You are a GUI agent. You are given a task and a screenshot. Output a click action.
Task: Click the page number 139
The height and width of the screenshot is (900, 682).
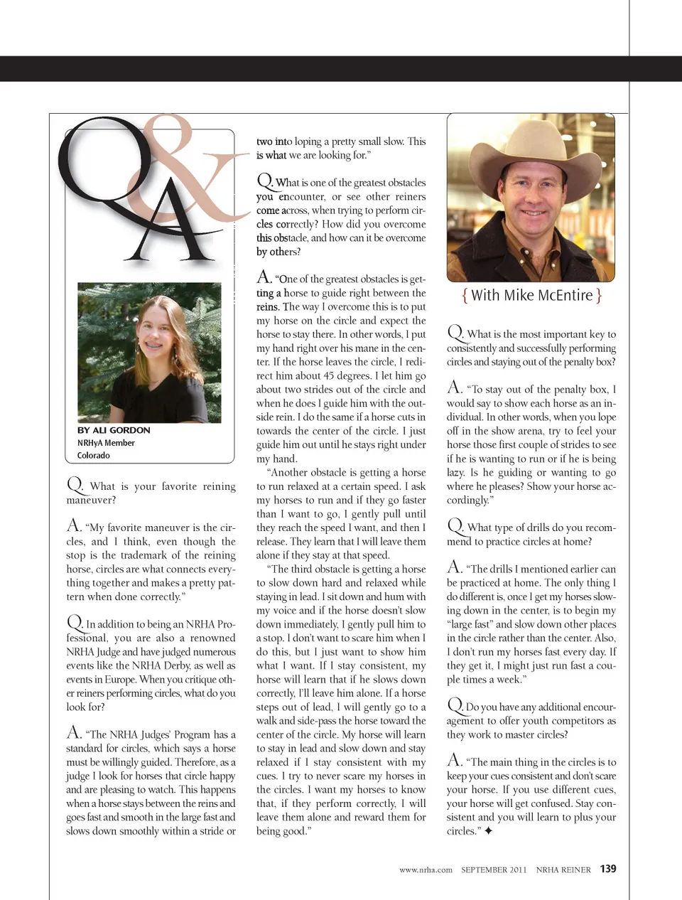click(608, 869)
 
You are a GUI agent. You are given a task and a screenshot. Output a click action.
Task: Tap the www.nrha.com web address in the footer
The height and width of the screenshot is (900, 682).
click(426, 869)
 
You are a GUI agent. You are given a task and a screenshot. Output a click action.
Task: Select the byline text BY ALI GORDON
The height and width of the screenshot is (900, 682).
click(114, 430)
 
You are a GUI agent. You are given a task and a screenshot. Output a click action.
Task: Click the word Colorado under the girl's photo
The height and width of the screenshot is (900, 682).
click(94, 456)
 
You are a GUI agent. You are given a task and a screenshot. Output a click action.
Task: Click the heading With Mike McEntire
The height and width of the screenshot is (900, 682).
click(531, 295)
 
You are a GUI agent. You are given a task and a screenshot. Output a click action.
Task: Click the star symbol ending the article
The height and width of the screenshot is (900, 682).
click(488, 830)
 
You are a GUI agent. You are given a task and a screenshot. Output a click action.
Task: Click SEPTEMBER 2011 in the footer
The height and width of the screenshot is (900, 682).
click(494, 869)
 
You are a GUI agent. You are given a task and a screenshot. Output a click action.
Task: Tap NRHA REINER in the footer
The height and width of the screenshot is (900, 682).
click(563, 869)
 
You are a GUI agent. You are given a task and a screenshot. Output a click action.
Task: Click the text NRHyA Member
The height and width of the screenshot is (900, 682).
click(106, 443)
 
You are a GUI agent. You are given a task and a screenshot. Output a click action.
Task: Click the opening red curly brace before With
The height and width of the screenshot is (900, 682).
click(465, 295)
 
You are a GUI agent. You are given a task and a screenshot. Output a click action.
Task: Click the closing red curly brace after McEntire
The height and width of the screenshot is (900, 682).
click(599, 295)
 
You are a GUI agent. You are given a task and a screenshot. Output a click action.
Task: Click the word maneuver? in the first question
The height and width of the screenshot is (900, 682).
click(91, 500)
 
